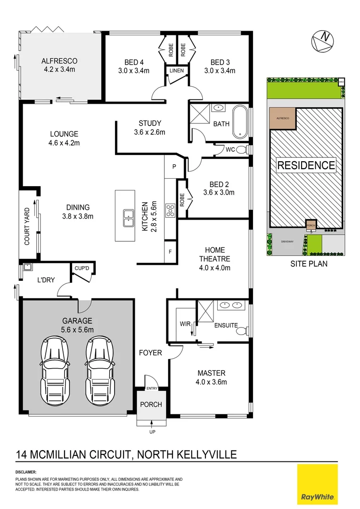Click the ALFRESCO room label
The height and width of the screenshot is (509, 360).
(x=59, y=61)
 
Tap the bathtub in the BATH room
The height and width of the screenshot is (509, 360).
(x=240, y=123)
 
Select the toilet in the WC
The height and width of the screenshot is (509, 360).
(x=242, y=150)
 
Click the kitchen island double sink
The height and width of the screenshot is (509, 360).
(x=128, y=217)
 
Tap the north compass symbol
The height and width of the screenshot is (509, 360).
(x=322, y=40)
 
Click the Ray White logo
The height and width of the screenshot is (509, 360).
(x=317, y=483)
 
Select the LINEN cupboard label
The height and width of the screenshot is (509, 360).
(x=177, y=71)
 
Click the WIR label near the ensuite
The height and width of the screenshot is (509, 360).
(x=185, y=324)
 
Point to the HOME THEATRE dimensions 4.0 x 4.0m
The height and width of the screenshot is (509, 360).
(x=214, y=268)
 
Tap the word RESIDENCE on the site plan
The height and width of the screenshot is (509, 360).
(x=306, y=165)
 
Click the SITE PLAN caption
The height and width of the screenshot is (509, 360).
(x=309, y=264)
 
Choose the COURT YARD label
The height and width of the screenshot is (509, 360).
(x=27, y=227)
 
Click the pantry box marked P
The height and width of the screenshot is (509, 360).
(x=173, y=166)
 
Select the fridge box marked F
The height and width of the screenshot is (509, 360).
(x=170, y=252)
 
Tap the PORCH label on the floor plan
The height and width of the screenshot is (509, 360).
(x=151, y=404)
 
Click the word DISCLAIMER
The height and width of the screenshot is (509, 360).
(x=26, y=472)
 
